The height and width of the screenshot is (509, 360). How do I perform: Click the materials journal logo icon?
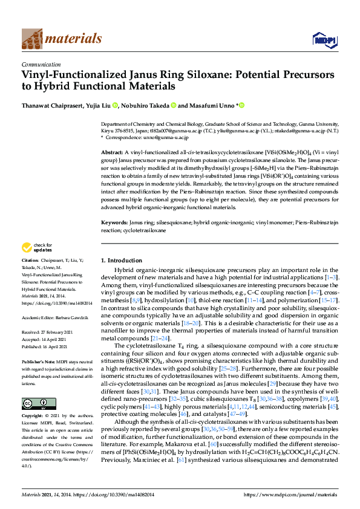point(32,39)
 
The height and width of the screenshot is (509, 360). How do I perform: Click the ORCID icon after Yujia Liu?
point(116,105)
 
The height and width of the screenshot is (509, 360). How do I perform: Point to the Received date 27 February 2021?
point(59,332)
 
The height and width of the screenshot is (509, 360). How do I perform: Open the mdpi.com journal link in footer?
point(289,495)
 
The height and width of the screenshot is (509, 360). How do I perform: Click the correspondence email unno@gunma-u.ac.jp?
point(157,138)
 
